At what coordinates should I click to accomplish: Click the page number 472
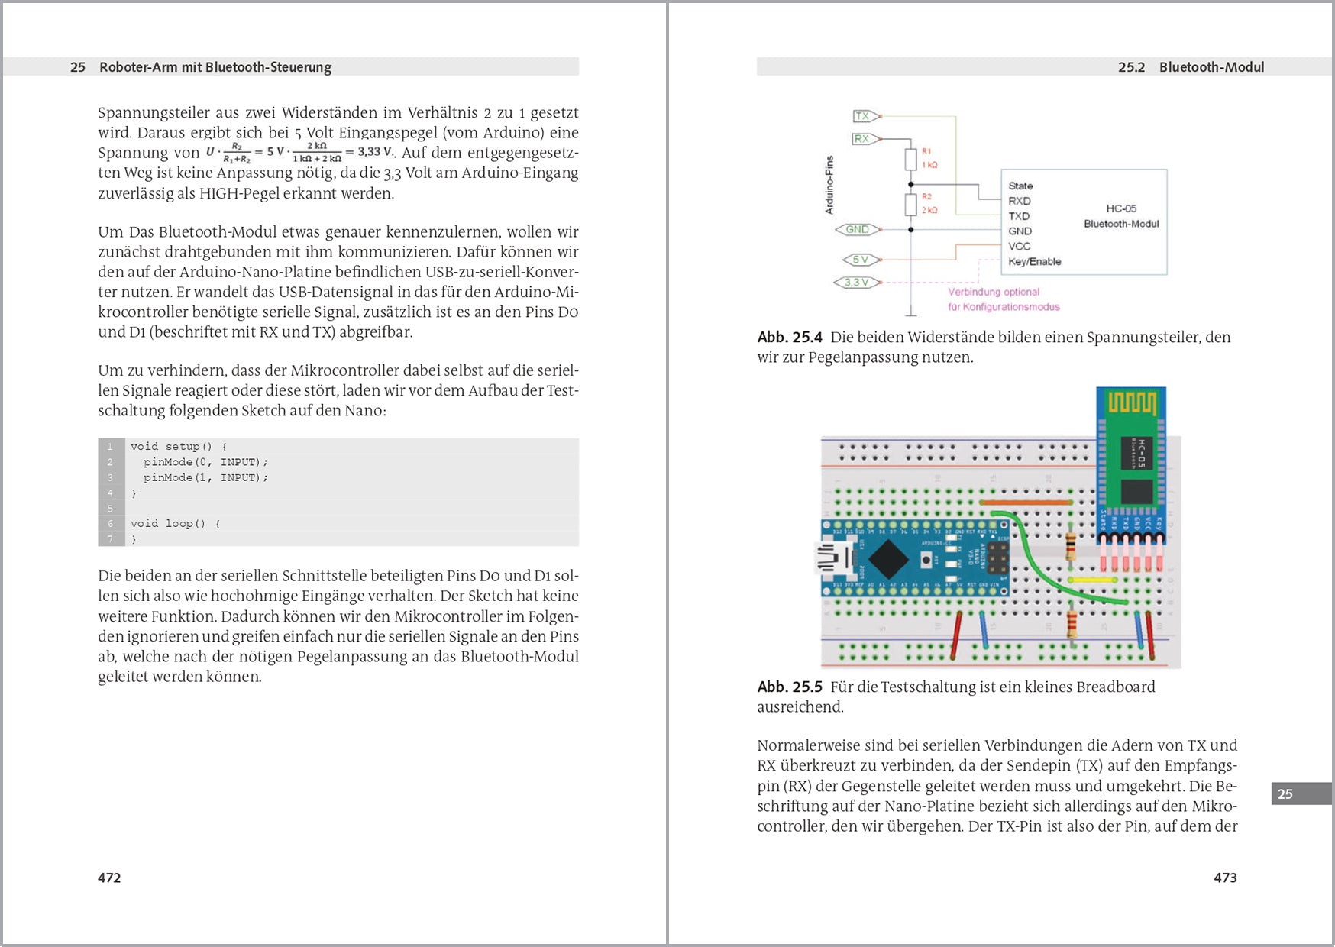109,878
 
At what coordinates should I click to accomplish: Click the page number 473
1225,878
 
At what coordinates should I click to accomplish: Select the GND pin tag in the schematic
858,229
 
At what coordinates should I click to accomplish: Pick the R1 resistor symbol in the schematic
910,159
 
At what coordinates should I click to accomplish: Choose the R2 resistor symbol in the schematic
910,205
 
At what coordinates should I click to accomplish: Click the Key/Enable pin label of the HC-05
1034,261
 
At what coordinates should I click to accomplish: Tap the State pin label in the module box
1020,186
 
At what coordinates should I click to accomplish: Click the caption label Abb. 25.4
790,337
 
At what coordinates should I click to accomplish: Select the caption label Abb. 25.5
790,687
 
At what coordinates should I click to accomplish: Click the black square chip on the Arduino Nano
888,559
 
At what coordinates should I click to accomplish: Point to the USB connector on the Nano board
832,558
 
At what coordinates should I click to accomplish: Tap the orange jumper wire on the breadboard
1026,503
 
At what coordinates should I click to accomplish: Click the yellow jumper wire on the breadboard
1092,580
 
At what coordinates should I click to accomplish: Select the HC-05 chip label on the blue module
1136,453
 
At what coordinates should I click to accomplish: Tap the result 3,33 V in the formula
374,151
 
